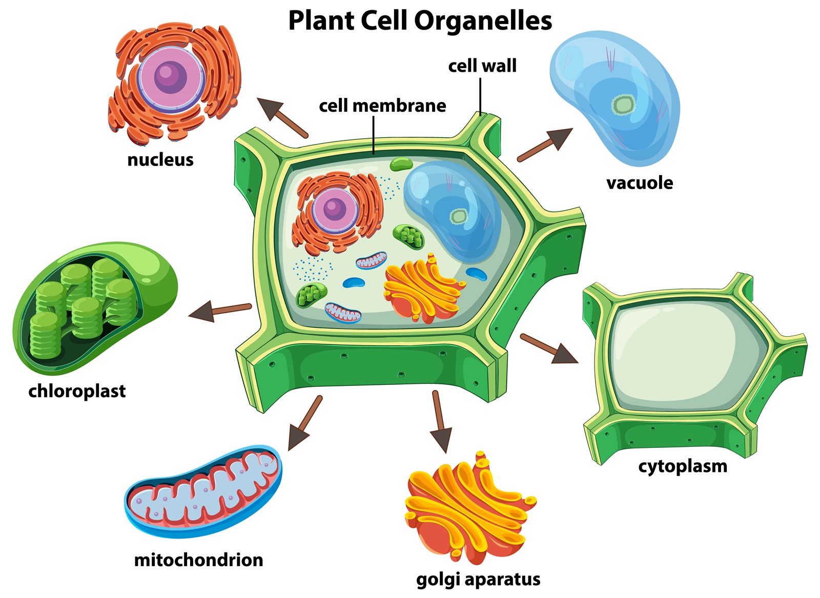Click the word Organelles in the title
[483, 22]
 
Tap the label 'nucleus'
[160, 160]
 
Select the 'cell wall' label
[482, 66]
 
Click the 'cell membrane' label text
[382, 106]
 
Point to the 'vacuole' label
[639, 183]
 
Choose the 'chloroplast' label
[77, 391]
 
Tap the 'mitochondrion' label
[198, 560]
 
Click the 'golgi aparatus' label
[478, 579]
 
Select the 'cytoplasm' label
[683, 466]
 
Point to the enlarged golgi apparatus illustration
[469, 507]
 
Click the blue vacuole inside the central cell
[454, 210]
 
